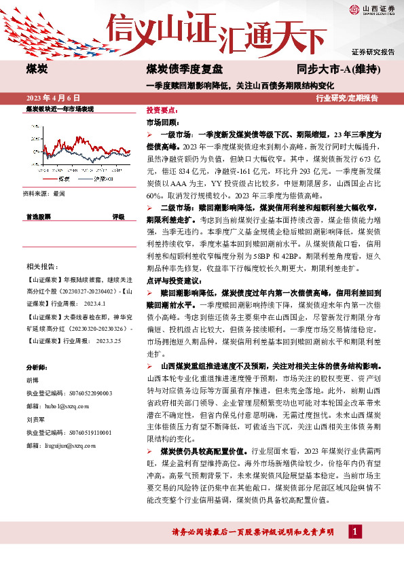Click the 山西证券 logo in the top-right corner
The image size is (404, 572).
click(372, 9)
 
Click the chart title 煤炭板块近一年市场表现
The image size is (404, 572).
click(59, 109)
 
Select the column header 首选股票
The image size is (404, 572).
click(39, 217)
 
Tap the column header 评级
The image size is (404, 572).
click(118, 217)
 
